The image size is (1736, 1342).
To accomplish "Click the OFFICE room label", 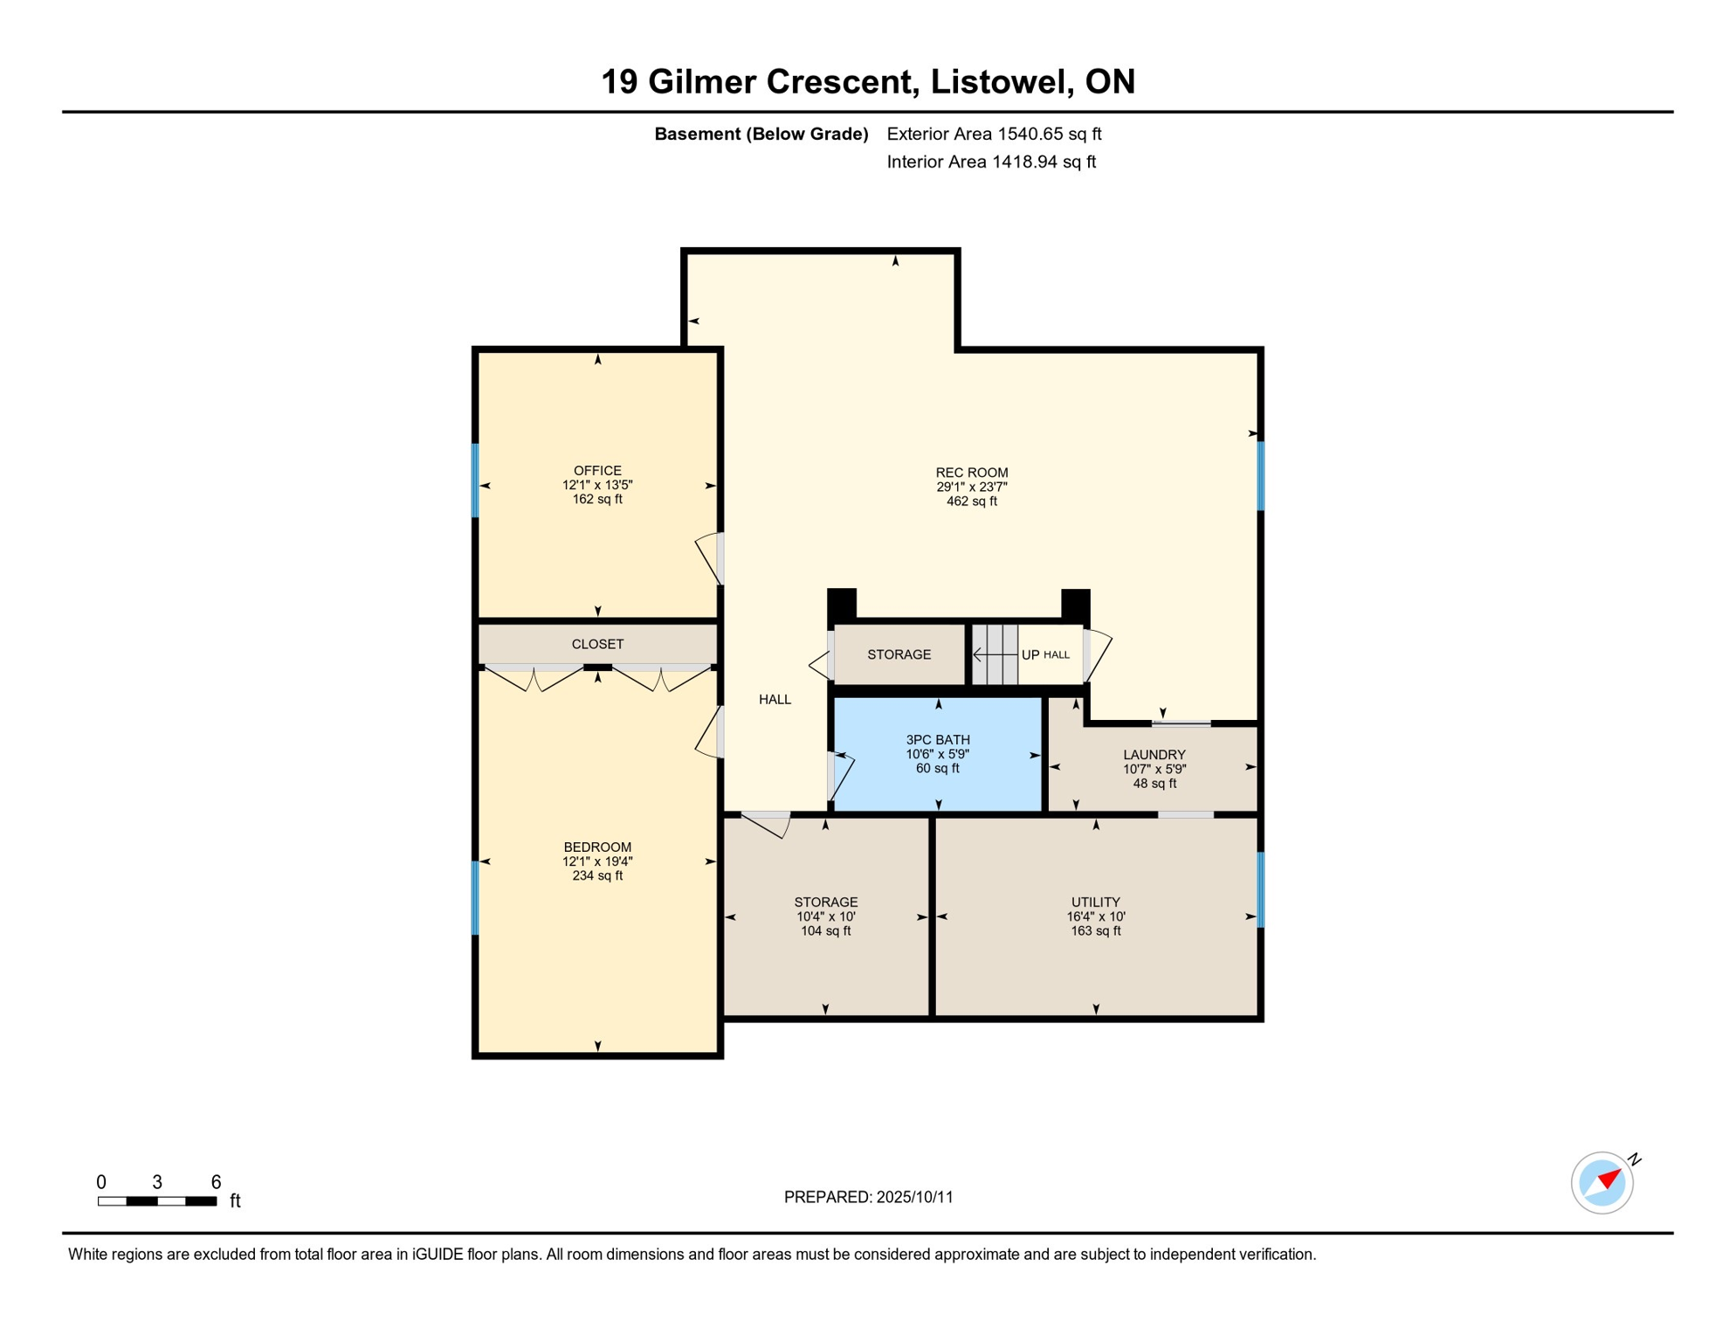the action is click(597, 471).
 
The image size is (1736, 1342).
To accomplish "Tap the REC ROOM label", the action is click(972, 473).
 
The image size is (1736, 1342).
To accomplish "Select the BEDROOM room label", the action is click(597, 847).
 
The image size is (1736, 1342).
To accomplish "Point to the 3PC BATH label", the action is click(938, 740).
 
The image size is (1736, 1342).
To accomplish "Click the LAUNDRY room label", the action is click(1154, 755).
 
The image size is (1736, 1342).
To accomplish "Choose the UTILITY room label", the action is click(1096, 903).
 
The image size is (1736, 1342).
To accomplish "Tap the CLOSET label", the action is click(597, 645).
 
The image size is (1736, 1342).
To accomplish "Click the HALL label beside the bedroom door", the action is click(775, 700).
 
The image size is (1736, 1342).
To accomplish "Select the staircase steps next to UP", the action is click(995, 654).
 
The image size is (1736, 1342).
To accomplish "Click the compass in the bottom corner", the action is click(1602, 1183).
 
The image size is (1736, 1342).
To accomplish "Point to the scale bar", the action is click(157, 1201).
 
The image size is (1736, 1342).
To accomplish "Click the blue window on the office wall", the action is click(475, 481).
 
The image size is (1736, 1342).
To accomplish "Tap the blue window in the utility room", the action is click(1261, 889).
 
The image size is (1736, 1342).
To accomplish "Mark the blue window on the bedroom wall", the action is click(475, 898).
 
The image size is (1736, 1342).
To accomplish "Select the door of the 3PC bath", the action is click(840, 776).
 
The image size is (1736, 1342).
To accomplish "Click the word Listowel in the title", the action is click(1002, 81).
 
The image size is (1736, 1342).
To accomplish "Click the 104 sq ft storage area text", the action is click(826, 931).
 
